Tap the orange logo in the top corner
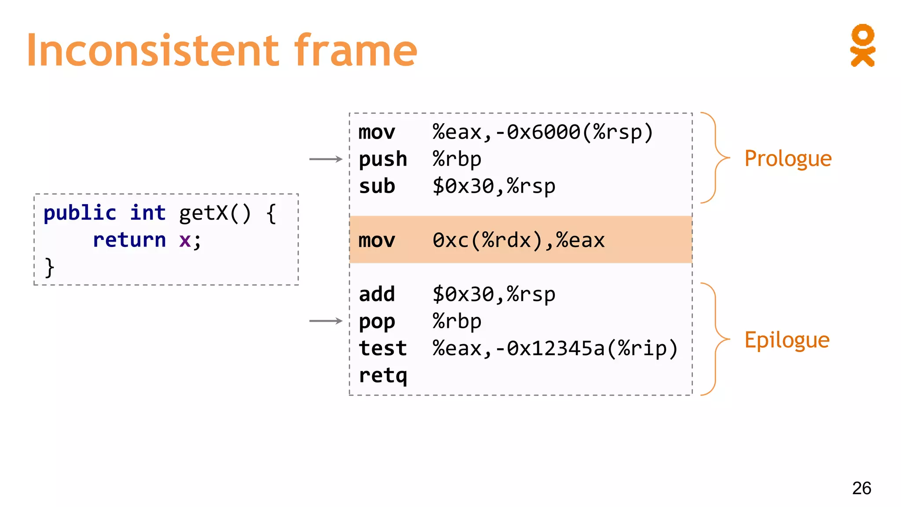point(862,45)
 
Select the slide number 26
point(861,488)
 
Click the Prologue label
point(787,158)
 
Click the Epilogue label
point(787,340)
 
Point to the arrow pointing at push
point(326,159)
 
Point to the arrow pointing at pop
point(326,321)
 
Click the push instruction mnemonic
point(383,159)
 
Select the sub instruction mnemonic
point(377,186)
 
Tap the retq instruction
point(383,375)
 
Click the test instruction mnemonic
point(383,348)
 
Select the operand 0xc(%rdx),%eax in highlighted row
point(518,240)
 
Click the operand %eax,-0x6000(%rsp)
point(542,132)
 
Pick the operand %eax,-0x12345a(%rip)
point(555,348)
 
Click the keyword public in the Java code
point(80,213)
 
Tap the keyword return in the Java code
point(129,240)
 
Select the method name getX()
point(215,213)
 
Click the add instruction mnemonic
point(377,294)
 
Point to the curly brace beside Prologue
point(715,158)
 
